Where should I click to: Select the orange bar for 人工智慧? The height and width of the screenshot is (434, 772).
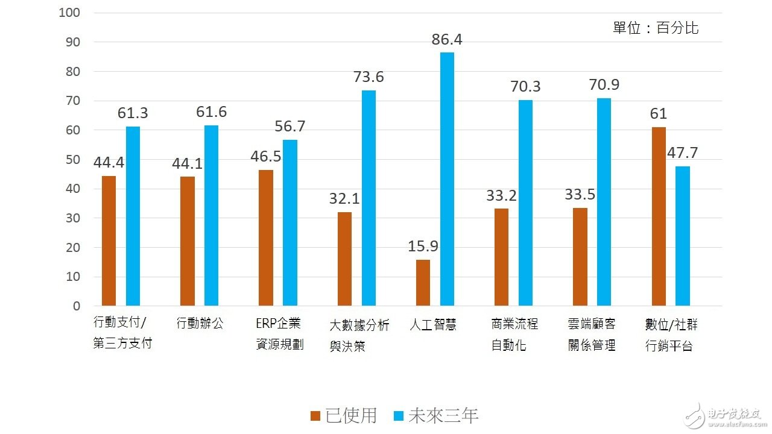click(x=423, y=283)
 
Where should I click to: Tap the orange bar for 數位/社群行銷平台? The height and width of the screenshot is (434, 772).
click(x=659, y=216)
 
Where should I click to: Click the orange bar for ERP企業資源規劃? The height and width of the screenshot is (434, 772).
click(x=266, y=237)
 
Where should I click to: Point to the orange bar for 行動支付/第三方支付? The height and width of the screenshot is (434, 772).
click(x=109, y=241)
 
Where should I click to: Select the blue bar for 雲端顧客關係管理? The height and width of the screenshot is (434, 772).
click(x=604, y=202)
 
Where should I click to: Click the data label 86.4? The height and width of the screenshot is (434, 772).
click(x=447, y=40)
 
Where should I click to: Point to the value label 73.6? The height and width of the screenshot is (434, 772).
click(x=369, y=77)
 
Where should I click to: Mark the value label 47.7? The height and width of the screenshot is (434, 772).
click(x=682, y=153)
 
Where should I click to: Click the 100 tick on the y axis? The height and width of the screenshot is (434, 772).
click(x=70, y=13)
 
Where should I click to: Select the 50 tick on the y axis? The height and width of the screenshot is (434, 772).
click(x=72, y=160)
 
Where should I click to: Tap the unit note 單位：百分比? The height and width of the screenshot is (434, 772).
click(x=656, y=28)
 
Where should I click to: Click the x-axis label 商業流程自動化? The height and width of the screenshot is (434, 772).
click(x=514, y=335)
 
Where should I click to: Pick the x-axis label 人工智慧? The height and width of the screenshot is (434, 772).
click(x=432, y=325)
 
